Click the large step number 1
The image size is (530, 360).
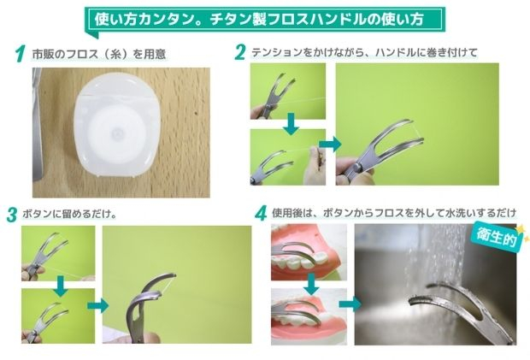click(x=21, y=54)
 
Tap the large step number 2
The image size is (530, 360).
click(x=239, y=52)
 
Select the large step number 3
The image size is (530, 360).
click(x=12, y=215)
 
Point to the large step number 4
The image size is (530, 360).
click(x=261, y=213)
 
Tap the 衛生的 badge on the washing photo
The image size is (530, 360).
click(x=497, y=236)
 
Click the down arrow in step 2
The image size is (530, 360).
click(x=291, y=124)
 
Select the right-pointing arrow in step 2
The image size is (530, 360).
click(x=330, y=144)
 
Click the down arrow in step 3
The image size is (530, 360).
click(x=61, y=286)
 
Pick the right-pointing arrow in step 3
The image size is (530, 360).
click(x=98, y=306)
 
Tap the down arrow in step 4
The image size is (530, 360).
click(x=311, y=284)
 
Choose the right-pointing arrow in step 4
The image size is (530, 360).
click(x=350, y=304)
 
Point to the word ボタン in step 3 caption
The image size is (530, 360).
click(x=38, y=214)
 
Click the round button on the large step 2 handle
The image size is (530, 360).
click(x=358, y=167)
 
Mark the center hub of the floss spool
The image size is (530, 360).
click(x=117, y=133)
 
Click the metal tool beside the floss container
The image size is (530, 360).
click(x=37, y=125)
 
